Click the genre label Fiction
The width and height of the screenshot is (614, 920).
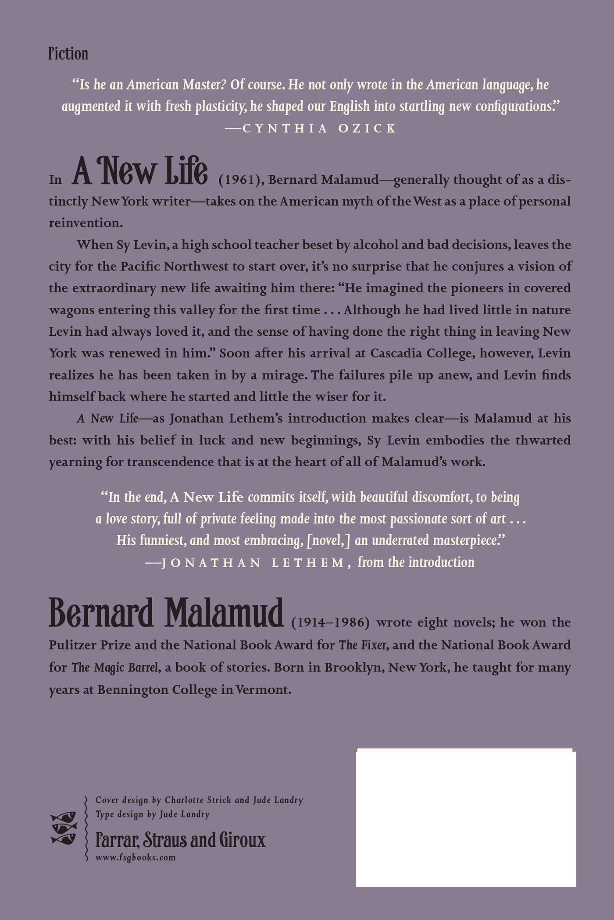[68, 54]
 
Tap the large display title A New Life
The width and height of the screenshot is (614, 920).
[140, 171]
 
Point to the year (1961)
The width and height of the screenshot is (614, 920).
[240, 180]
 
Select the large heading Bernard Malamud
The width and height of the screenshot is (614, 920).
[166, 614]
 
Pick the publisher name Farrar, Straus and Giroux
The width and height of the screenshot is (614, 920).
[180, 840]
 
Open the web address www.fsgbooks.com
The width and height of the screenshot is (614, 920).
[136, 858]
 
